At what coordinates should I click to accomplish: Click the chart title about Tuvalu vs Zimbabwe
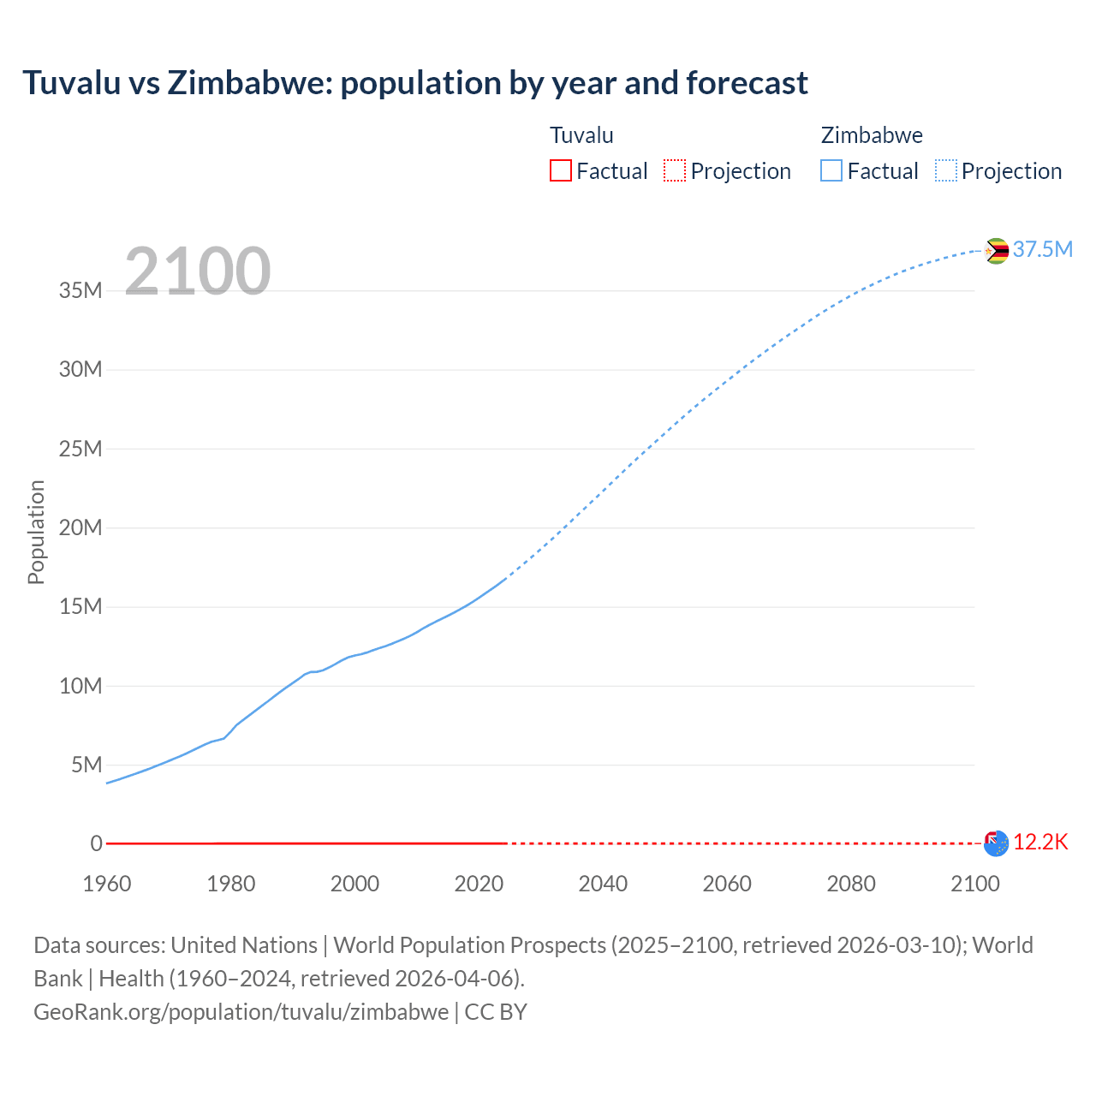(415, 83)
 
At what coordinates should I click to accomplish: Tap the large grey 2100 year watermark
(198, 271)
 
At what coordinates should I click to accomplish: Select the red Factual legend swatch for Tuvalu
(560, 171)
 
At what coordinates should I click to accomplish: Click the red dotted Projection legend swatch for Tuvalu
(675, 171)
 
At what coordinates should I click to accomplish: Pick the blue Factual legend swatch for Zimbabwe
(831, 171)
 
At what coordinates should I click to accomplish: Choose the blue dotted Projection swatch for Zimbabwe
(946, 171)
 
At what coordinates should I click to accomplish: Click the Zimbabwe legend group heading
(872, 135)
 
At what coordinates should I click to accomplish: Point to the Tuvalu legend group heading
(581, 135)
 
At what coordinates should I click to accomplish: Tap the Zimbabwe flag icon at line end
(996, 251)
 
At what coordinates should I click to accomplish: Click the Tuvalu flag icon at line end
(996, 843)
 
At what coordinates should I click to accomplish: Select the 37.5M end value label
(1042, 249)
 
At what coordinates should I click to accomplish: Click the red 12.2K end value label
(1040, 843)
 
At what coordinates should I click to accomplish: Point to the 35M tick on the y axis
(80, 290)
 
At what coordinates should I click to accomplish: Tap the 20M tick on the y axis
(80, 527)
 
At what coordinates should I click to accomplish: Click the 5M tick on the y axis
(86, 765)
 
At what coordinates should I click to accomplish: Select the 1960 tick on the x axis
(107, 884)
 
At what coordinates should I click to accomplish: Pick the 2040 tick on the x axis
(603, 884)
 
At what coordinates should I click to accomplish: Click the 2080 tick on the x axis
(851, 884)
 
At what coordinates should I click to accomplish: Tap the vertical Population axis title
(36, 532)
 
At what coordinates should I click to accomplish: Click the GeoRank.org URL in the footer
(241, 1012)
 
